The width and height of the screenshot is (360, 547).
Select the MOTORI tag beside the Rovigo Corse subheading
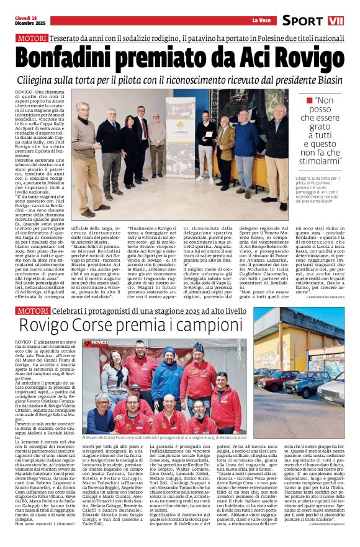(34, 310)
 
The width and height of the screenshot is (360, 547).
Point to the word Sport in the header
(302, 20)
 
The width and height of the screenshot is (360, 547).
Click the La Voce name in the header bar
(261, 20)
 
